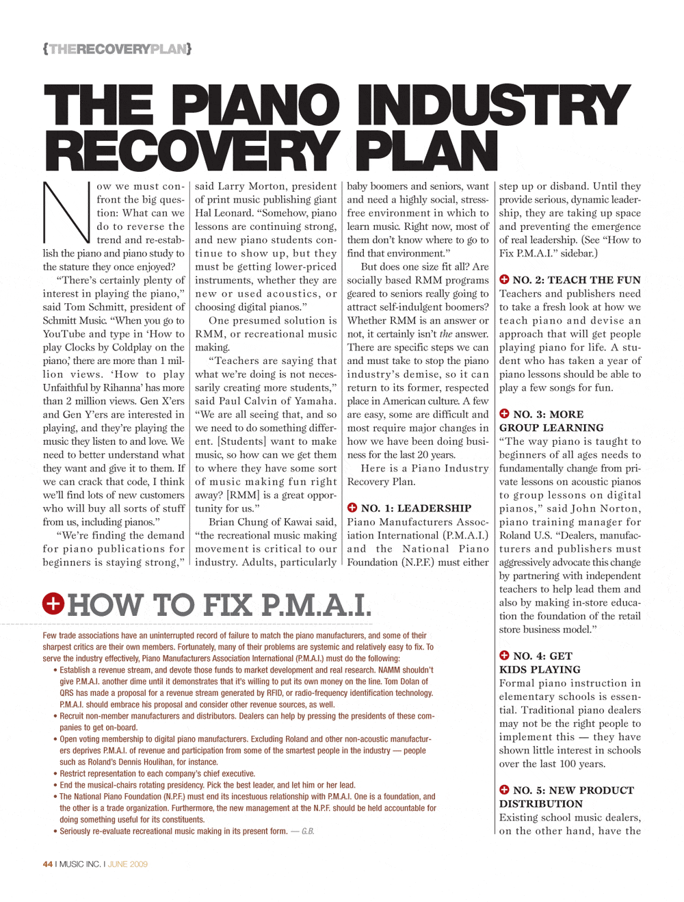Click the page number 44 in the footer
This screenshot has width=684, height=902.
47,864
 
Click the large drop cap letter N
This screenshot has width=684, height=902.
66,212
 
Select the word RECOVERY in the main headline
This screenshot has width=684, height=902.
191,151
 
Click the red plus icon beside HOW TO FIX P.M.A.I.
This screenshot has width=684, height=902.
53,604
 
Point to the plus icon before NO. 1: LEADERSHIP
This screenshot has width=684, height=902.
352,508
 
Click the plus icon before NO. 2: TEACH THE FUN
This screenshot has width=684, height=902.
504,279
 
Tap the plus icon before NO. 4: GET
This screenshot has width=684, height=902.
504,656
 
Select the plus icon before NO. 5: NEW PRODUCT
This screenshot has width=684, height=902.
504,790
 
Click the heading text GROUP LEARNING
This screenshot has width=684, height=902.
551,428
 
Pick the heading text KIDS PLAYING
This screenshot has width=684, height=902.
540,669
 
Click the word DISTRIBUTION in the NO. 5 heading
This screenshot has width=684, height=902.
541,803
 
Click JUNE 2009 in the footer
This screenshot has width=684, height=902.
128,864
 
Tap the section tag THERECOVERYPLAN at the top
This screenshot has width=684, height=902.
117,49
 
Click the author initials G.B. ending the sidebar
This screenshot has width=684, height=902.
308,832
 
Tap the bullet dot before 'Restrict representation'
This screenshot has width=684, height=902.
55,774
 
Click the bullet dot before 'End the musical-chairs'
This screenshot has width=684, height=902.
55,786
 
